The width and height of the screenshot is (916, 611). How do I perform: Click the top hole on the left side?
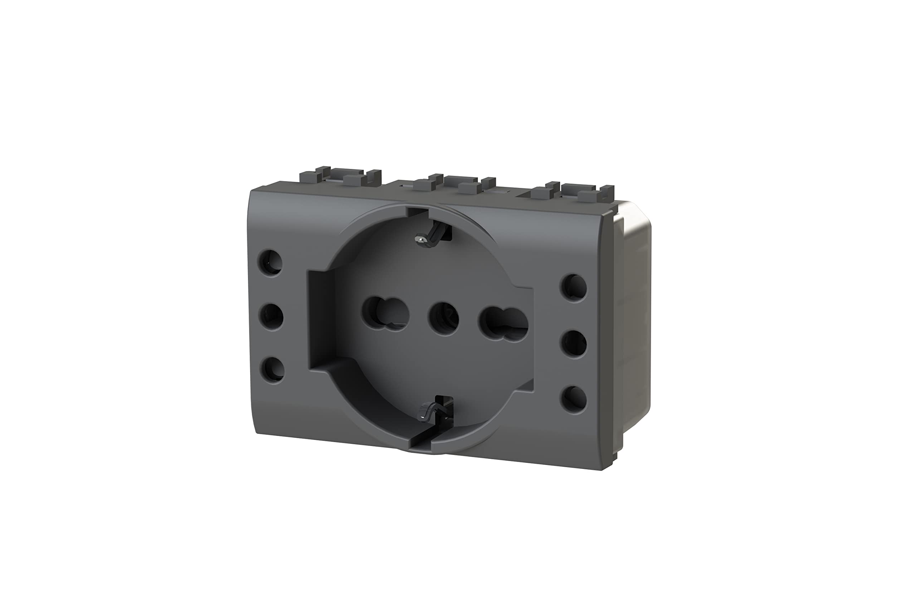point(270,262)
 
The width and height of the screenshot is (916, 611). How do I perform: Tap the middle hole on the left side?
point(271,316)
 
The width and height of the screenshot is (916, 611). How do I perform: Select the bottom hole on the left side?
point(272,370)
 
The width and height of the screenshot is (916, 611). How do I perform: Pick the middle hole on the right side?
point(574,343)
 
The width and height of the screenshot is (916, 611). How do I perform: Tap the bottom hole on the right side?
point(574,400)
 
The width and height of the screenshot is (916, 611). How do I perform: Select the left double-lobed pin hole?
point(386,314)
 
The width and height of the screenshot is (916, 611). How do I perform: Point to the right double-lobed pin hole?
point(503,324)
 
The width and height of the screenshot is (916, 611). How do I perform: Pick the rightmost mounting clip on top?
point(572,191)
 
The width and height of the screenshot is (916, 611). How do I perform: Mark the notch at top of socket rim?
point(418,212)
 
